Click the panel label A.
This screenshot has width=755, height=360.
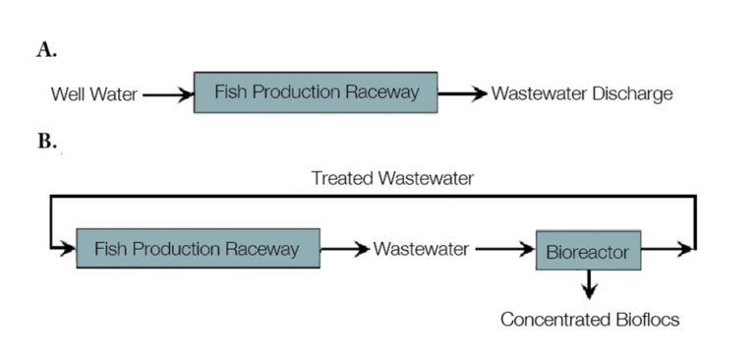pyautogui.click(x=46, y=51)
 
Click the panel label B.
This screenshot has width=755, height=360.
pyautogui.click(x=46, y=142)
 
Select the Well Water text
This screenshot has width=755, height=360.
pyautogui.click(x=92, y=94)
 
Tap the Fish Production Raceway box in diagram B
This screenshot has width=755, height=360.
pyautogui.click(x=198, y=248)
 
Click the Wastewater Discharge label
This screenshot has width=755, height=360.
pyautogui.click(x=582, y=94)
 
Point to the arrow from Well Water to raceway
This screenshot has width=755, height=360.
pyautogui.click(x=167, y=94)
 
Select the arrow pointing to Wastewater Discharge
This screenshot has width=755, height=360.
pyautogui.click(x=462, y=94)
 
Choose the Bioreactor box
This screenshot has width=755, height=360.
pyautogui.click(x=588, y=252)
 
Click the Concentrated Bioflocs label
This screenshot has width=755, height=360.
pyautogui.click(x=590, y=320)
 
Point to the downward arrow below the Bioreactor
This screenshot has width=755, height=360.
pyautogui.click(x=588, y=284)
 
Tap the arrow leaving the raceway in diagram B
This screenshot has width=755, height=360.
pyautogui.click(x=345, y=250)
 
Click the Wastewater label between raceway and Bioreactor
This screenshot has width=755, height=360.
pyautogui.click(x=421, y=250)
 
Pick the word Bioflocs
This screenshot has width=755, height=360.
pyautogui.click(x=644, y=320)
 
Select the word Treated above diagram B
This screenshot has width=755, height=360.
pyautogui.click(x=339, y=178)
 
